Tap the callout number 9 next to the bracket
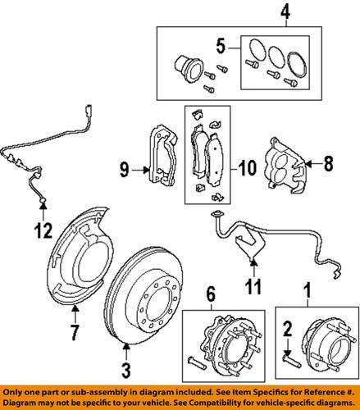point(123,171)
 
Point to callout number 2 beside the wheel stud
point(288,328)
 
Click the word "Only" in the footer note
point(16,394)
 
